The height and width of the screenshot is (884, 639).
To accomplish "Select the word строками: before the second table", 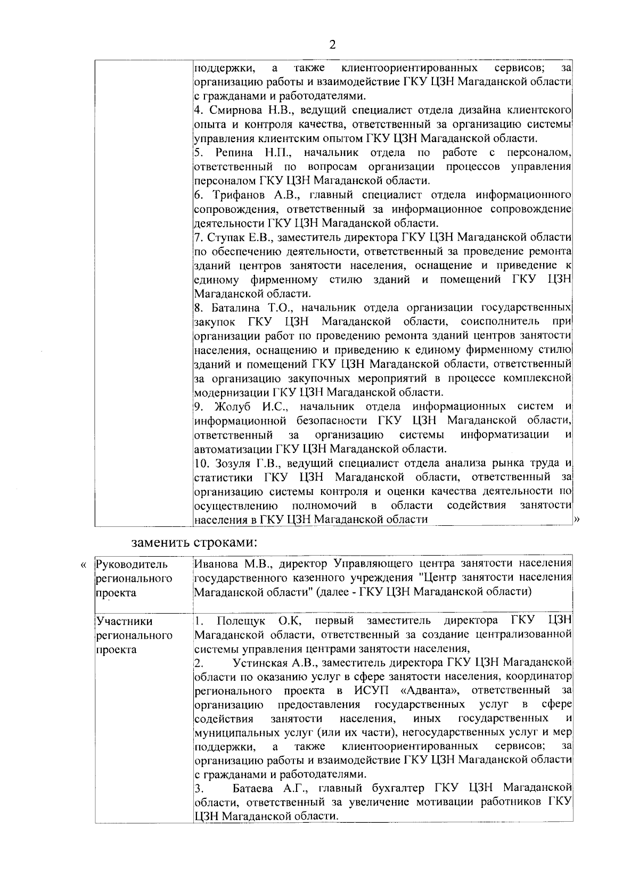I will click(x=225, y=542).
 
